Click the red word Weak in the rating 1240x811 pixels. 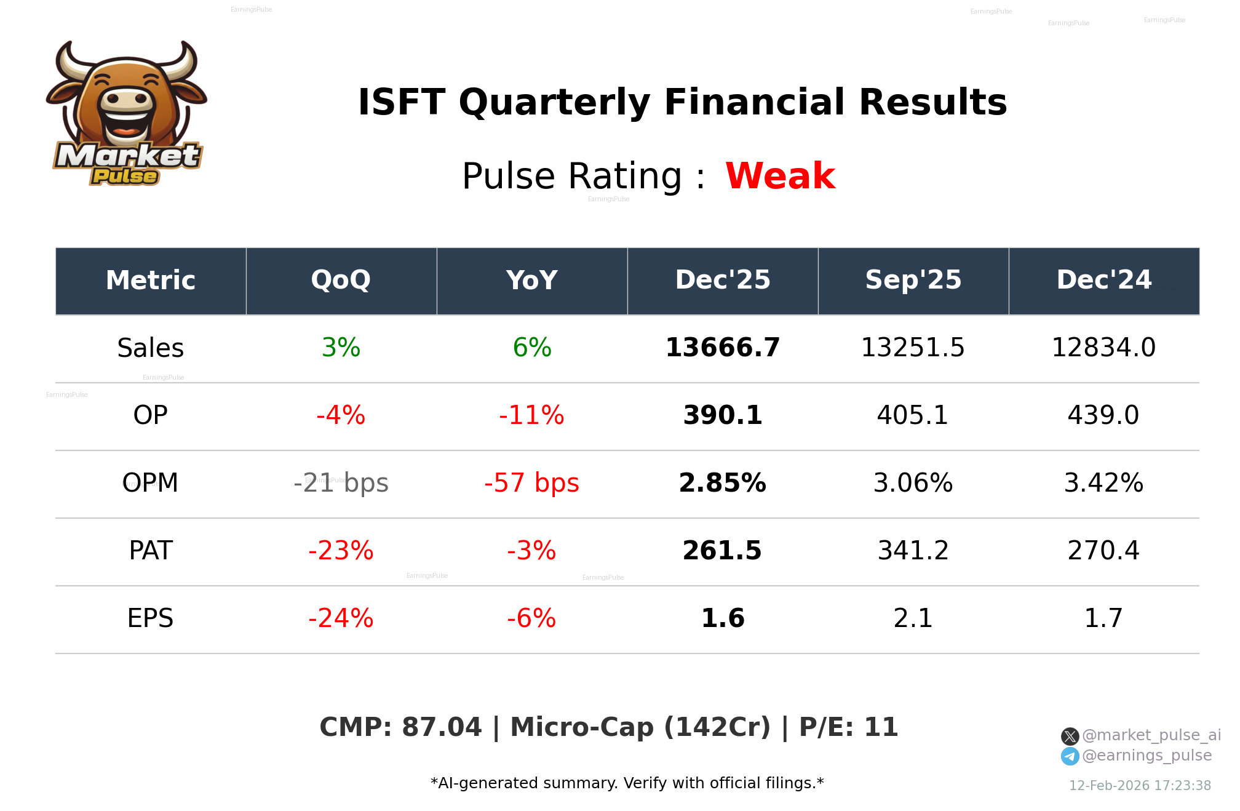pos(780,176)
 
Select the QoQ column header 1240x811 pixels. pos(341,281)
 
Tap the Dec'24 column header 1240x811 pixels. pos(1103,281)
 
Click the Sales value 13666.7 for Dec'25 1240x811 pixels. pos(722,348)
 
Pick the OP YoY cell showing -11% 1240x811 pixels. pos(531,415)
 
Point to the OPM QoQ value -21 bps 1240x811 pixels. pos(341,483)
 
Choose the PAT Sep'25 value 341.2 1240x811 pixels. pos(913,551)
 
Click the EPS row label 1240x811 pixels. pos(150,618)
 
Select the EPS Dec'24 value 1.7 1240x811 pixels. pos(1103,618)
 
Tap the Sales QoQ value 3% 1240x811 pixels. pos(341,348)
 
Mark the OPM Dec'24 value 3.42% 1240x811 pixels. pos(1103,483)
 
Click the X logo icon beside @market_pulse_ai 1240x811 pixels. pos(1070,736)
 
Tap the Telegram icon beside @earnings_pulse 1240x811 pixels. pos(1070,756)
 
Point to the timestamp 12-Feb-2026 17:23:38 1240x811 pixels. pos(1140,786)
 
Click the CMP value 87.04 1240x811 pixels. pos(441,727)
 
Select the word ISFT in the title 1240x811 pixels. pos(401,102)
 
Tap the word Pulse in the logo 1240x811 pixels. pos(125,177)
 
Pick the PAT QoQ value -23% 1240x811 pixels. pos(341,551)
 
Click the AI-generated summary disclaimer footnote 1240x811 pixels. pos(627,783)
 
